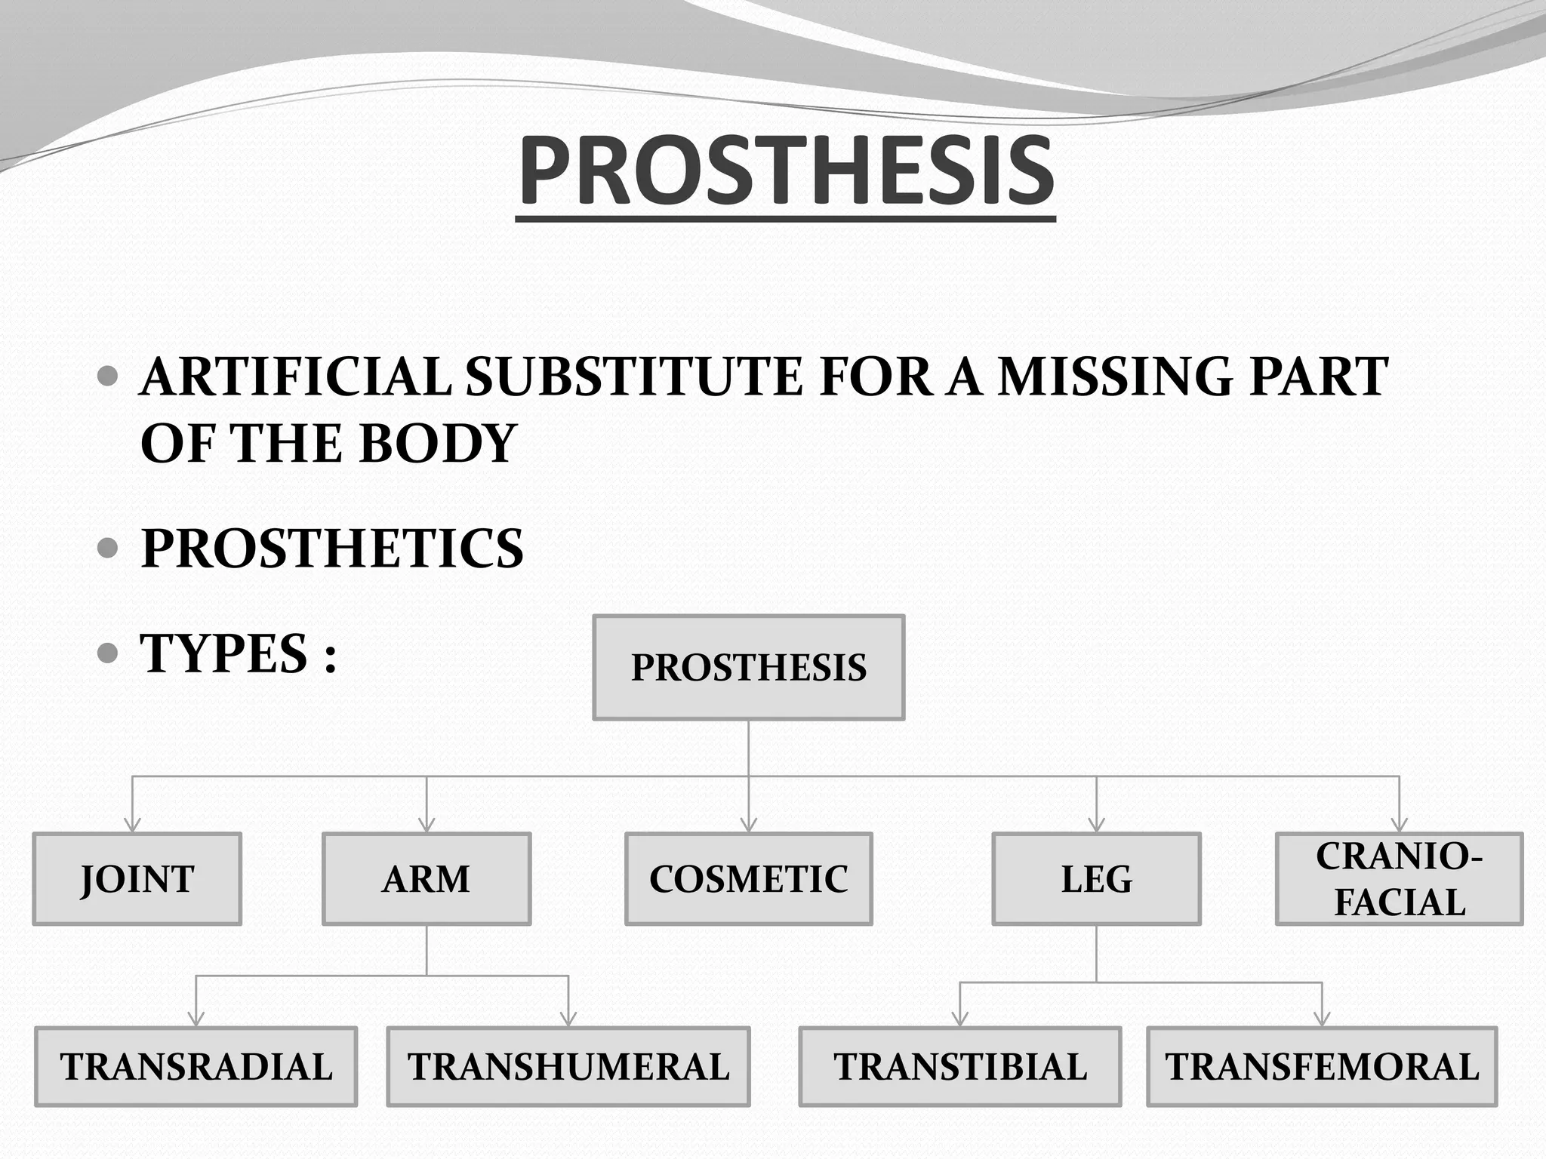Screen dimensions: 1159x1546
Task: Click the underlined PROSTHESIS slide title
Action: (x=786, y=171)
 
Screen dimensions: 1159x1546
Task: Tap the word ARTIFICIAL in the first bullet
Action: (x=295, y=377)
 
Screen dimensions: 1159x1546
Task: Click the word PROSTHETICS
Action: (x=332, y=549)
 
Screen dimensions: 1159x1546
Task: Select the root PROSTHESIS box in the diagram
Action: (x=748, y=667)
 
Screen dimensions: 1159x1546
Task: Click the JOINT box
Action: (x=137, y=879)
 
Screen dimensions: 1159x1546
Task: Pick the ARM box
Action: (x=427, y=879)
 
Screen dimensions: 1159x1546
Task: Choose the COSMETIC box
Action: (x=748, y=879)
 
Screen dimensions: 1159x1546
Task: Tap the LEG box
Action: (x=1096, y=879)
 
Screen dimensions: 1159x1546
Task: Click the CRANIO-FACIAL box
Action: (x=1399, y=879)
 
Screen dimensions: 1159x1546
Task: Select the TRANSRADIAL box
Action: (x=196, y=1067)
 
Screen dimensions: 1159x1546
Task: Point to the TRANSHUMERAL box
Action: (x=568, y=1067)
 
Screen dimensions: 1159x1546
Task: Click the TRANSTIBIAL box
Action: (x=959, y=1067)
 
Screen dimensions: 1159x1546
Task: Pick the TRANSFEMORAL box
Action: (x=1322, y=1067)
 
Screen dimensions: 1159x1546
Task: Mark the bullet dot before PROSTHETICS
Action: (x=109, y=548)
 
